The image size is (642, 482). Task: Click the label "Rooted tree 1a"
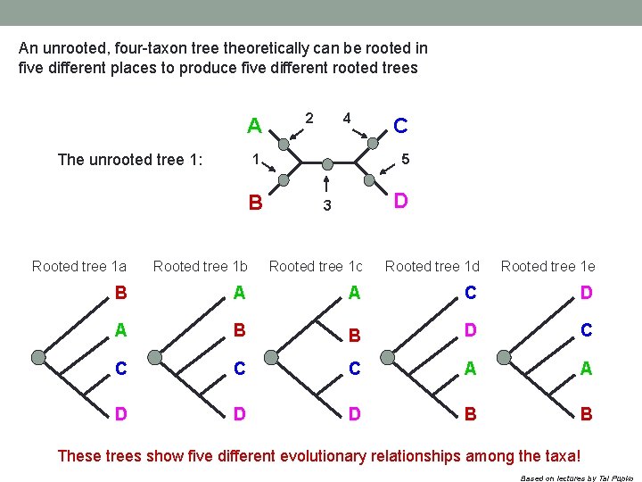coord(79,266)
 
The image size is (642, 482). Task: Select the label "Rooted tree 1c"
coord(316,266)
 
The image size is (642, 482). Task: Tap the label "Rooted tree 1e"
coord(547,266)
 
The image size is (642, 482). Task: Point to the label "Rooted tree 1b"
coord(201,266)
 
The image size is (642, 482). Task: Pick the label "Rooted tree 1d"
coord(432,266)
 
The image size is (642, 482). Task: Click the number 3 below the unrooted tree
coord(327,205)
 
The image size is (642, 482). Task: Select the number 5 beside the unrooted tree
coord(405,160)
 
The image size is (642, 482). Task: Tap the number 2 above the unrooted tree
coord(309,117)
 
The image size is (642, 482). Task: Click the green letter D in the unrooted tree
coord(401,201)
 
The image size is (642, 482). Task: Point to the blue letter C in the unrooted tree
coord(401,126)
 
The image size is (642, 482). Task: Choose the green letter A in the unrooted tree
coord(254,126)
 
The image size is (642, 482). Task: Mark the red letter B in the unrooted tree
coord(255,202)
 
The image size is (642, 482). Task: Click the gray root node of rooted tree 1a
coord(38,357)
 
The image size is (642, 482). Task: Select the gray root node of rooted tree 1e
coord(504,357)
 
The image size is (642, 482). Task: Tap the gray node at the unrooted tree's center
coord(327,164)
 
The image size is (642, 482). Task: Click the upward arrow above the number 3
coord(327,184)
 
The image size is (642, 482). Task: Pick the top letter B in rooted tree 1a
coord(120,293)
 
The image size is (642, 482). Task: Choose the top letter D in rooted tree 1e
coord(586,293)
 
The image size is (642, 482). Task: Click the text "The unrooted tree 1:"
coord(130,160)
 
